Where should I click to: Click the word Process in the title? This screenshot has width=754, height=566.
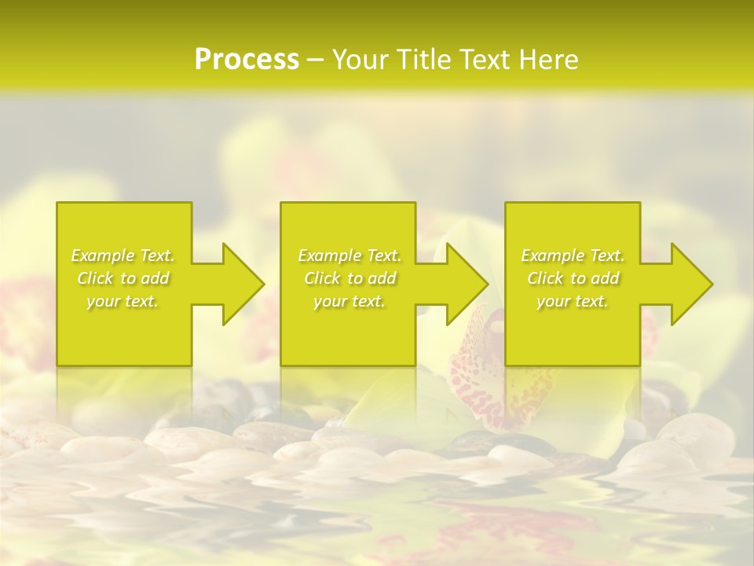(247, 60)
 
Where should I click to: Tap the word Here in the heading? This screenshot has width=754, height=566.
(549, 60)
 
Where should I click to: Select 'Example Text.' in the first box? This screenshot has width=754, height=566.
(123, 255)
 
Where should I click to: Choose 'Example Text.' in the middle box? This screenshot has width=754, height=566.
(349, 255)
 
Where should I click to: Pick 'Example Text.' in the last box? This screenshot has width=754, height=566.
(572, 255)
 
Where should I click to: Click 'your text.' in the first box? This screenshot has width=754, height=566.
(123, 301)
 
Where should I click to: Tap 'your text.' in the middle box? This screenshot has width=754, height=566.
(349, 301)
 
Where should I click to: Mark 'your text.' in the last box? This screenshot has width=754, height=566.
(572, 301)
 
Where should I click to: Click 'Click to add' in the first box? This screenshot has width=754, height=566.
(123, 278)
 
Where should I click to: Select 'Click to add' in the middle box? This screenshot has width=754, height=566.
(349, 278)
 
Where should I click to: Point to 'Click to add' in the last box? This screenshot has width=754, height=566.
(572, 278)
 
